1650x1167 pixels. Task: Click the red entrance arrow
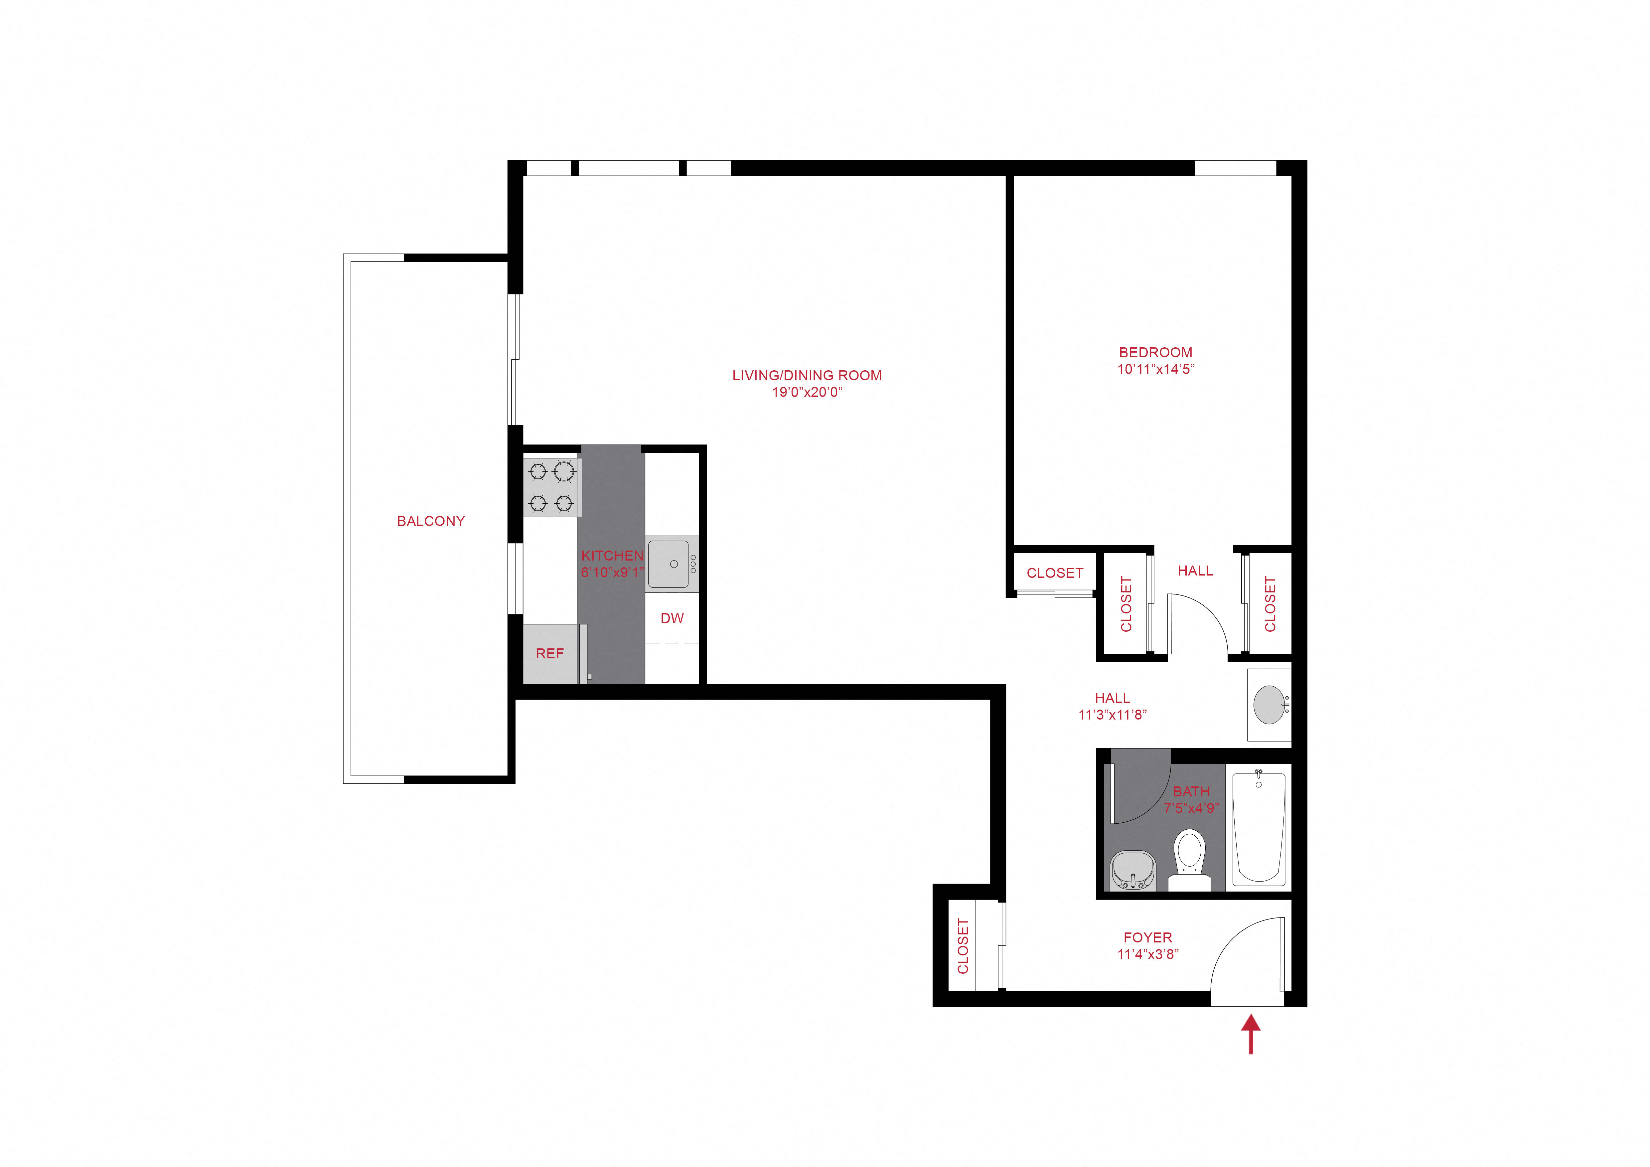(x=1251, y=1033)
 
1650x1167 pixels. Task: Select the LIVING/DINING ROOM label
(x=806, y=375)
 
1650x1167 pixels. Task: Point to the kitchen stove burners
(x=552, y=486)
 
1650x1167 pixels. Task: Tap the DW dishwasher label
(x=672, y=618)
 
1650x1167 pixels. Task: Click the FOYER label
(x=1148, y=938)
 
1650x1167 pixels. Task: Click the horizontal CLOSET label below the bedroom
(x=1054, y=573)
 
